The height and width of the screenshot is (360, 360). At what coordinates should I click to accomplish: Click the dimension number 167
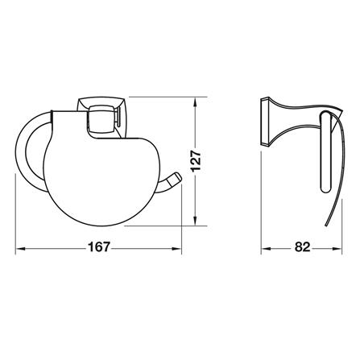tap(99, 246)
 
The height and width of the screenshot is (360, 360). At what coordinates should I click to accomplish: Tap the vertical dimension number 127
tap(196, 161)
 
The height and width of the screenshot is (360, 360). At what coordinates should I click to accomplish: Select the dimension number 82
tap(302, 246)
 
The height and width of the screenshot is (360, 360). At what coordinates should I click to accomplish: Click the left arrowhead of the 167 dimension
tap(20, 249)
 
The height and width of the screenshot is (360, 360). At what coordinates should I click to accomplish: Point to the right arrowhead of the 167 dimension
tap(176, 249)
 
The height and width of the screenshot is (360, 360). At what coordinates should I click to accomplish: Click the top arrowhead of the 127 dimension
tap(196, 101)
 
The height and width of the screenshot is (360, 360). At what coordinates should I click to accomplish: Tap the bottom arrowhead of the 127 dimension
tap(196, 221)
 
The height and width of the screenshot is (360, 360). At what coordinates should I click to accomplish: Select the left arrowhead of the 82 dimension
tap(266, 249)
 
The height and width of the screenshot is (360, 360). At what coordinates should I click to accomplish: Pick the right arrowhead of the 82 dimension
tap(337, 249)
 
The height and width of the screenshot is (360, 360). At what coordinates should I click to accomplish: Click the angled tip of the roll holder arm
tap(177, 178)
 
